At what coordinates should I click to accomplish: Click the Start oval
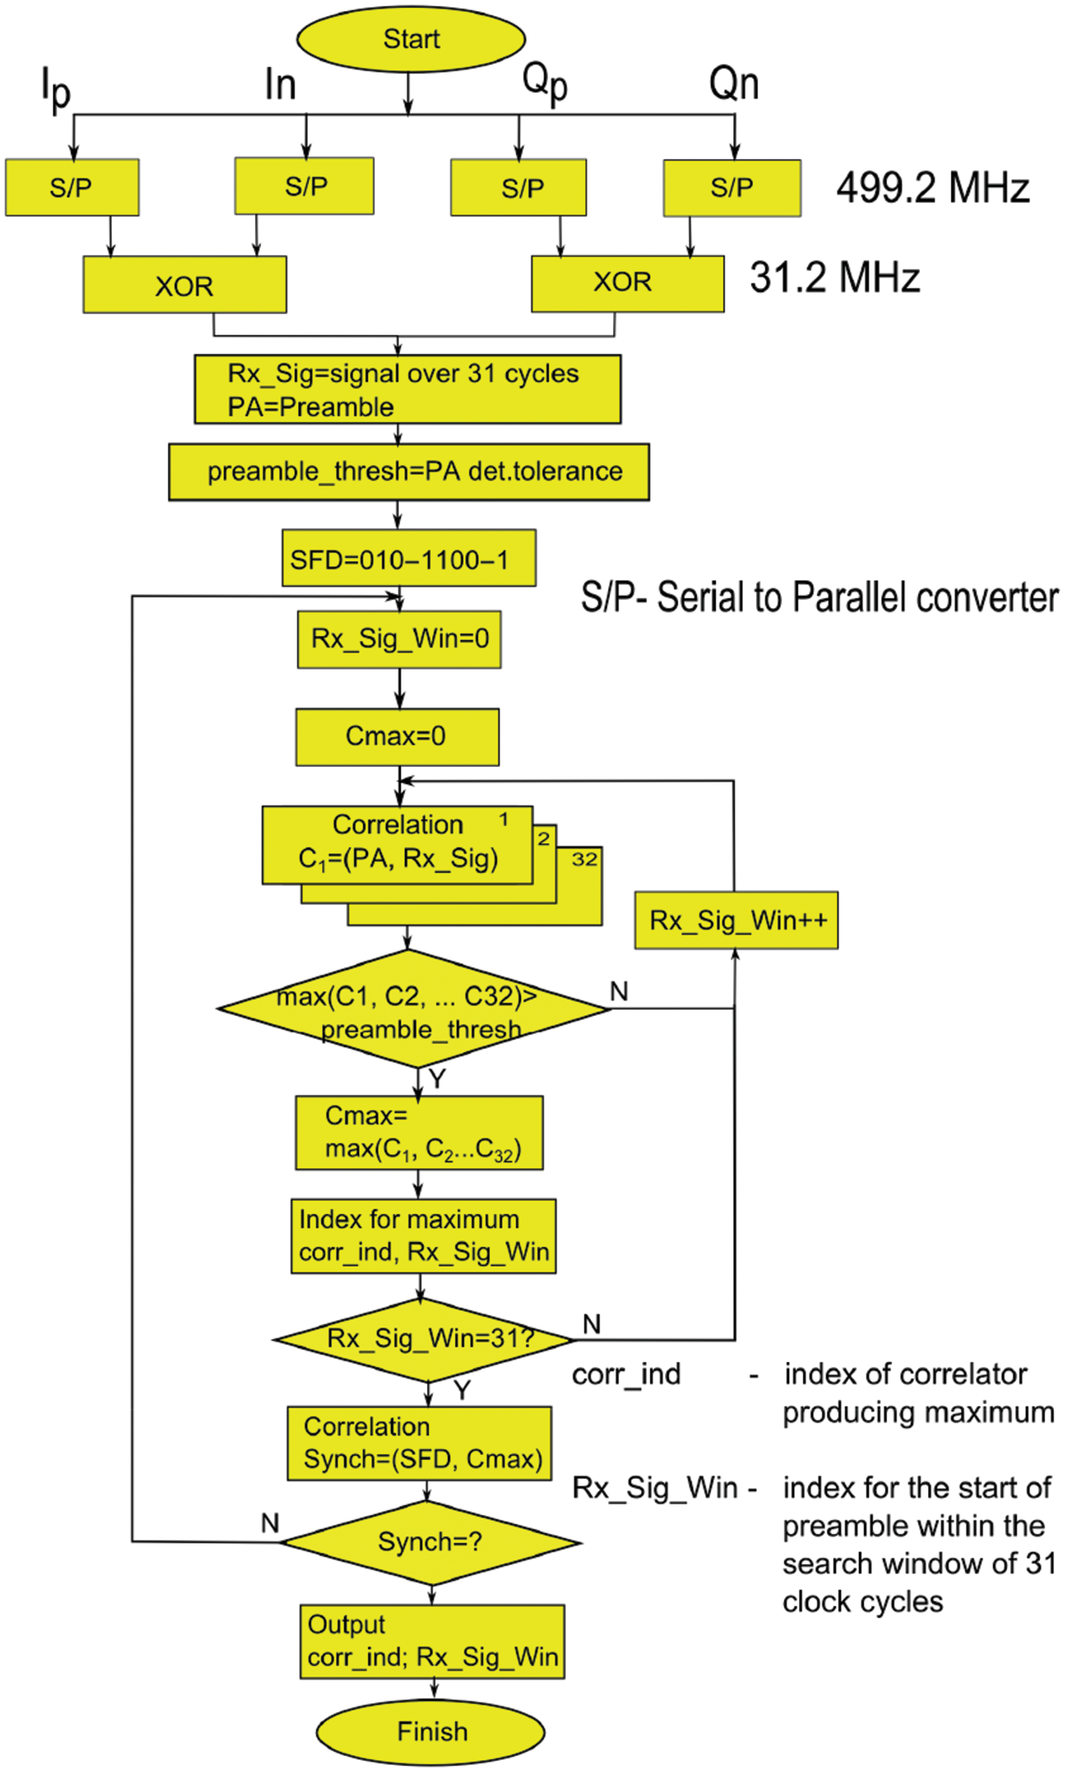410,39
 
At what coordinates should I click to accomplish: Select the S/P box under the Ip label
72,188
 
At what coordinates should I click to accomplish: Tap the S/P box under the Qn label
732,188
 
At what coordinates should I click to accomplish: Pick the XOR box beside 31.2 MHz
627,283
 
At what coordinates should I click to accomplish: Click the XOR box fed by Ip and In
185,285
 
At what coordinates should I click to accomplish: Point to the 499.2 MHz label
932,188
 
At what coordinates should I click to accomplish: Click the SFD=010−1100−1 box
409,560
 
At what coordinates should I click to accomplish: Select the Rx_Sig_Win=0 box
399,639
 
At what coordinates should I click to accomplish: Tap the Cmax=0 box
397,736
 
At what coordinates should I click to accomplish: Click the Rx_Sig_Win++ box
736,920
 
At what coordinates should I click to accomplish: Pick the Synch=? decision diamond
431,1542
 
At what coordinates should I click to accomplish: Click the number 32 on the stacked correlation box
584,859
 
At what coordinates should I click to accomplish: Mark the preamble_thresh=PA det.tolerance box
409,472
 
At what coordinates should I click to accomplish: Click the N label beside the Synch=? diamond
270,1524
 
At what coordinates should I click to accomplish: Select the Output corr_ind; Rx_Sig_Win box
432,1641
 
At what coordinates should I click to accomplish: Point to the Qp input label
545,82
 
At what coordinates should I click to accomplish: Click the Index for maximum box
423,1236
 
